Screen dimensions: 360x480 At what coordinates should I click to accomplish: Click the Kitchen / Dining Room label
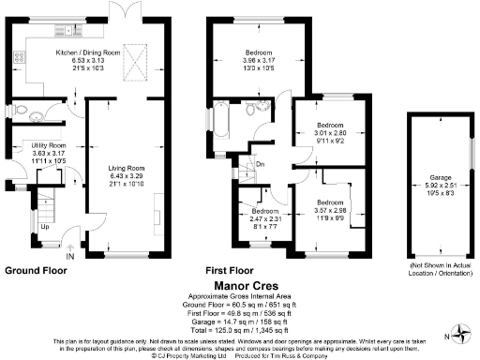89,54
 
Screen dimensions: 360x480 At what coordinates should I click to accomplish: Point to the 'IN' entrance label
69,254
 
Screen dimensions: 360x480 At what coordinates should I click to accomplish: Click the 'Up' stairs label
45,226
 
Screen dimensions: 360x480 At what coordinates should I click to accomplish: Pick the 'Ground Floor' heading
37,270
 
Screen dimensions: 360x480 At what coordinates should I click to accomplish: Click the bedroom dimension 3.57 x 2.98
329,210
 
